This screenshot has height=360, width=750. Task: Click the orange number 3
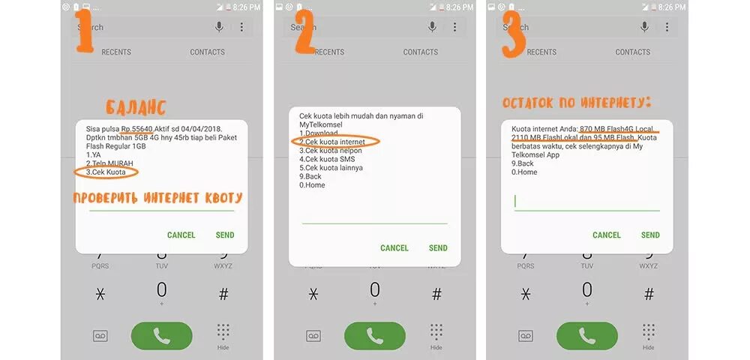[513, 34]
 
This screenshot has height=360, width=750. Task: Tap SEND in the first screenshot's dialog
[225, 235]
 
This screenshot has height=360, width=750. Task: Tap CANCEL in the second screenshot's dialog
[394, 247]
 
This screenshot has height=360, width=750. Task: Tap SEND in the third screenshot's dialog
[650, 235]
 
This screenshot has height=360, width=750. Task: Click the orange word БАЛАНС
[135, 107]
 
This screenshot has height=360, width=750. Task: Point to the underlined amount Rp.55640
[136, 130]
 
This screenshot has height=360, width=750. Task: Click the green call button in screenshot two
[375, 335]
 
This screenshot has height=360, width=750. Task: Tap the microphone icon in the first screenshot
[220, 27]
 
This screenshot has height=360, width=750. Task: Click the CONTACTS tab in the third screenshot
[633, 52]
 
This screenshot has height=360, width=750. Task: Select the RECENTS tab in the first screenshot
[116, 52]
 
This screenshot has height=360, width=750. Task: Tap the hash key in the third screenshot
[649, 294]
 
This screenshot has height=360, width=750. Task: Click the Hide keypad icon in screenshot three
[649, 335]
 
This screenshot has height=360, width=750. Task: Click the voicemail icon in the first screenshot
[100, 335]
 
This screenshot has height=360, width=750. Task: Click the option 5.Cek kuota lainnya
[331, 167]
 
